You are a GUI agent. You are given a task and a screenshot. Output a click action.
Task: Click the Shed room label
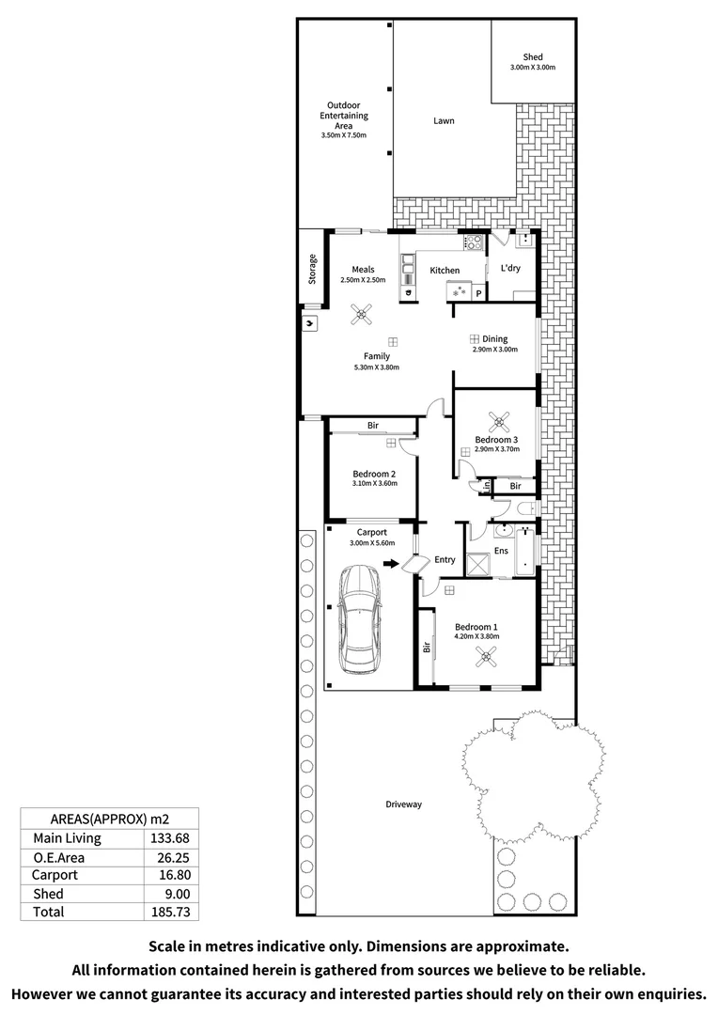click(533, 57)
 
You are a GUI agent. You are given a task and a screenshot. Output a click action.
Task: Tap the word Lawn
click(444, 121)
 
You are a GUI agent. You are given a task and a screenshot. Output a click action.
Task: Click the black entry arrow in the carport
click(389, 565)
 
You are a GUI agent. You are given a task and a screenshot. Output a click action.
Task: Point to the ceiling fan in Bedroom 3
click(495, 420)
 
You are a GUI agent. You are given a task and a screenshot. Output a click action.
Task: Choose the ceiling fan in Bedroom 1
click(487, 659)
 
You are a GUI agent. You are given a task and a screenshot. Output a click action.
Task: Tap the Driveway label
click(403, 804)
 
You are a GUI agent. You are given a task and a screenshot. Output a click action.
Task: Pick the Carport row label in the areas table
click(55, 875)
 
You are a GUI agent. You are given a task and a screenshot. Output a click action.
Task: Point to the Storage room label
click(313, 270)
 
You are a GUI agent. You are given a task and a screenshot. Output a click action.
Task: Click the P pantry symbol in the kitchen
click(477, 294)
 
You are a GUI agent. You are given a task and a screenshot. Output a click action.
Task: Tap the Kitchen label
click(445, 271)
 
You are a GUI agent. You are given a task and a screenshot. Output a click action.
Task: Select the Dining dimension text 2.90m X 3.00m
click(494, 350)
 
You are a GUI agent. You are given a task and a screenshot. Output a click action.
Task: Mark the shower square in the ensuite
click(478, 565)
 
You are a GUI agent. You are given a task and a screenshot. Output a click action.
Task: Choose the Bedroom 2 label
click(373, 474)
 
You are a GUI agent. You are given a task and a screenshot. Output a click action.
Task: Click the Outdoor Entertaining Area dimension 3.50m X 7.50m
click(343, 136)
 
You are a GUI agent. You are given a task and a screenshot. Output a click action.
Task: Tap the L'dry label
click(510, 268)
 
